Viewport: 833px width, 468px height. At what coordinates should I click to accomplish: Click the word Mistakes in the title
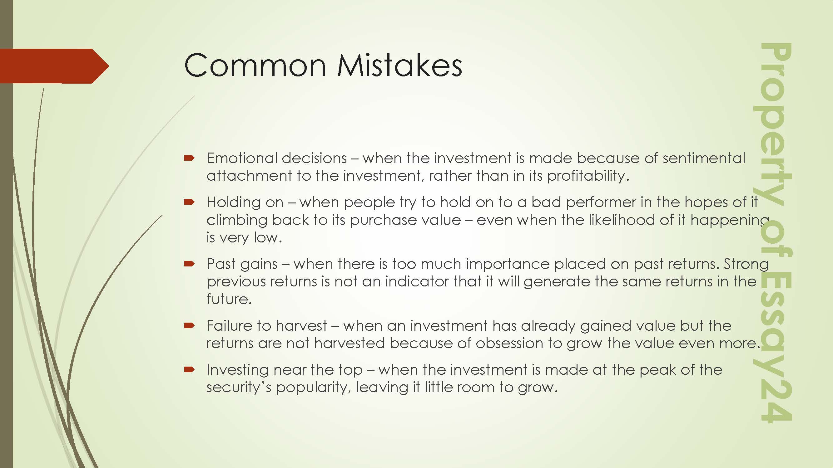[x=399, y=65]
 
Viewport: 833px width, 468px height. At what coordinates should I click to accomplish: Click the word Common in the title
[x=255, y=65]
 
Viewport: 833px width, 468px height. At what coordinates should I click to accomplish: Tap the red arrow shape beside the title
[x=54, y=66]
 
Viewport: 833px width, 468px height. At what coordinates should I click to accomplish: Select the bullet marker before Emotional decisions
[x=189, y=158]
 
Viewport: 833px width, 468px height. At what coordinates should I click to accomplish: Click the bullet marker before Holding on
[x=189, y=202]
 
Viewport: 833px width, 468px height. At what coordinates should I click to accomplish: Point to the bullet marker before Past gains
[x=189, y=264]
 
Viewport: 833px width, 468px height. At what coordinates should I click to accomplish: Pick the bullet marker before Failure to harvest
[x=189, y=325]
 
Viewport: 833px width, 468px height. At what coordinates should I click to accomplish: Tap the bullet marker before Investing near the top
[x=189, y=369]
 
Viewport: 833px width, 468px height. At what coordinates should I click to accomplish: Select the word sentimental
[x=704, y=158]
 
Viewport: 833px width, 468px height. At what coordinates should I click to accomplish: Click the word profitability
[x=588, y=176]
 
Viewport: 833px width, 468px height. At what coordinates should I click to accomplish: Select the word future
[x=229, y=299]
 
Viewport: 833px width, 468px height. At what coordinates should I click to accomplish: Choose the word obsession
[x=509, y=343]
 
